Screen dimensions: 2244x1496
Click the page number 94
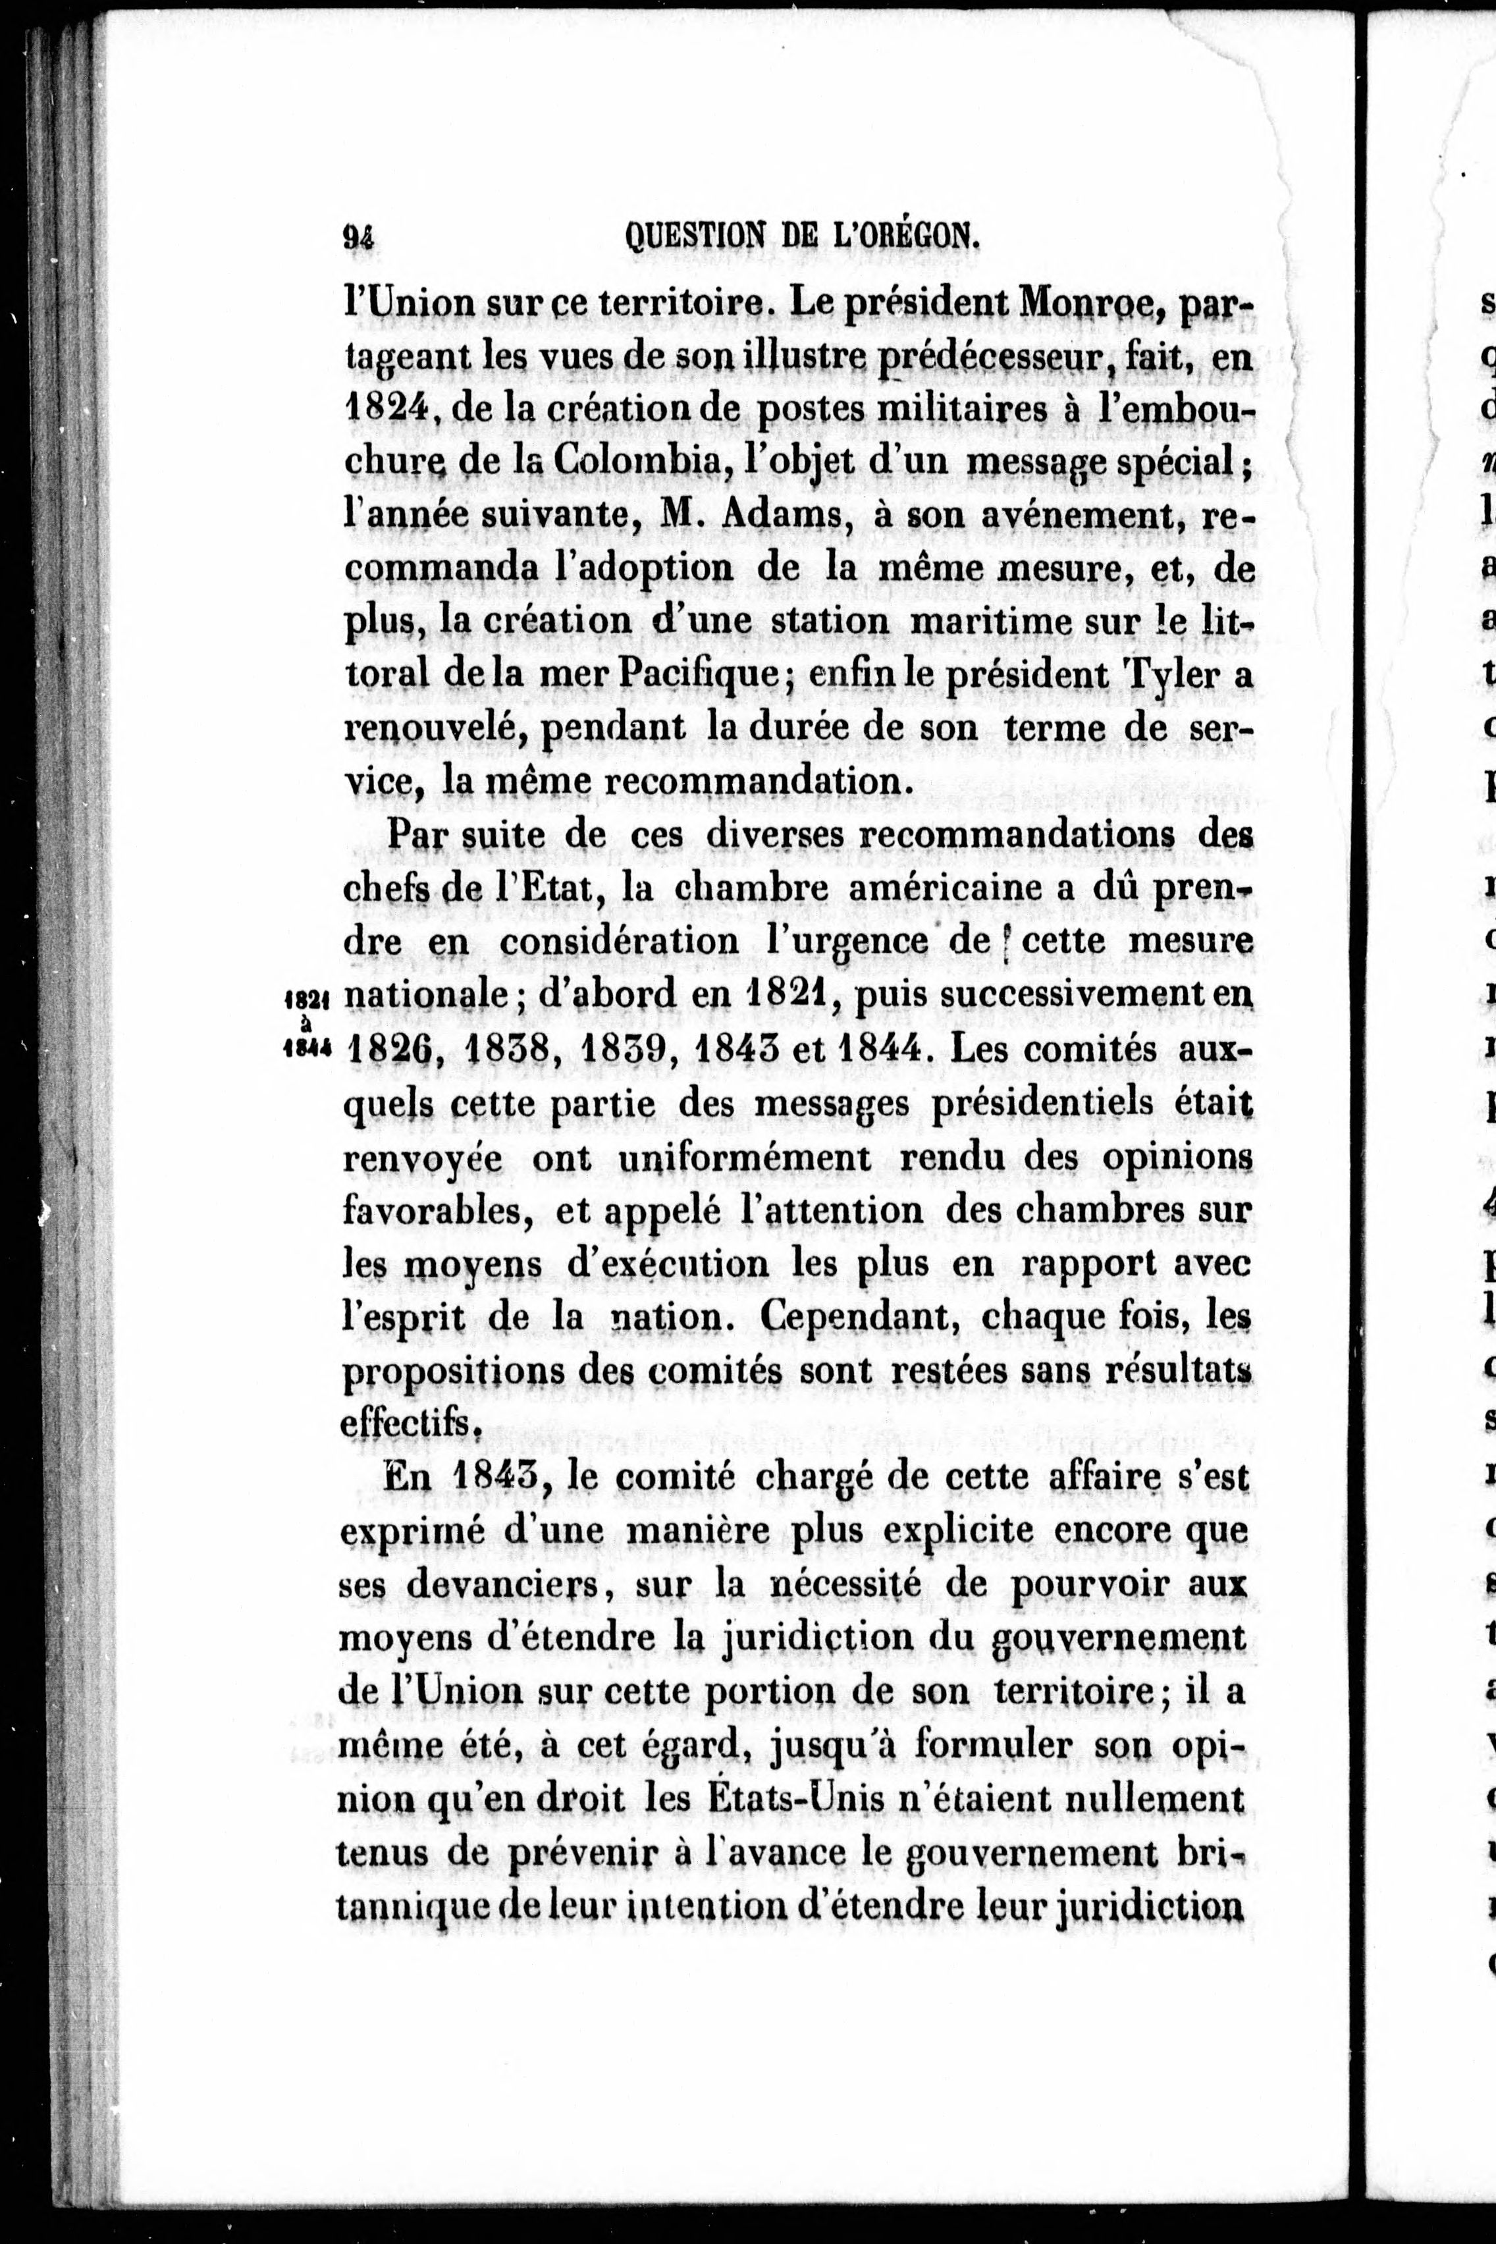[x=359, y=236]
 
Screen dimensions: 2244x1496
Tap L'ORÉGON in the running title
[x=908, y=236]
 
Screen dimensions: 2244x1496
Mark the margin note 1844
[x=307, y=1048]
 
